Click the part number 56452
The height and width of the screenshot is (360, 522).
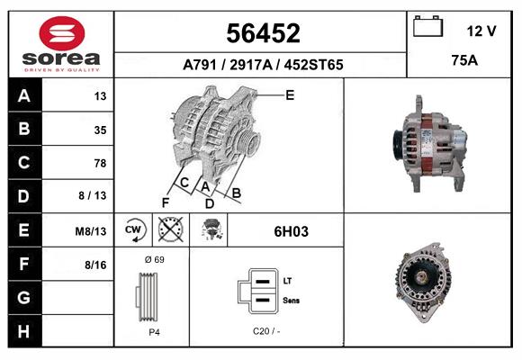262,34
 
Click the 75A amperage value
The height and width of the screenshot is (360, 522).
463,61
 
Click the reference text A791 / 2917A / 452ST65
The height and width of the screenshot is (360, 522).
262,65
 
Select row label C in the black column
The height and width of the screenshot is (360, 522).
23,163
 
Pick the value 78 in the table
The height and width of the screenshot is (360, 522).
99,163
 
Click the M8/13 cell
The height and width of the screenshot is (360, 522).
91,231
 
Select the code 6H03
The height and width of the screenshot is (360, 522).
291,231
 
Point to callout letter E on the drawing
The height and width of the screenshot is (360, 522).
290,94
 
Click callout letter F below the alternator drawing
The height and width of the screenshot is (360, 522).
165,202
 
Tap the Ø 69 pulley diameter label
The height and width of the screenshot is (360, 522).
153,259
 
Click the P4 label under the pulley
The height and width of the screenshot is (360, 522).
153,331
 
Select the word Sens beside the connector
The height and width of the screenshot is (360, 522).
292,299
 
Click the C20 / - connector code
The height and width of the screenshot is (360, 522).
266,331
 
